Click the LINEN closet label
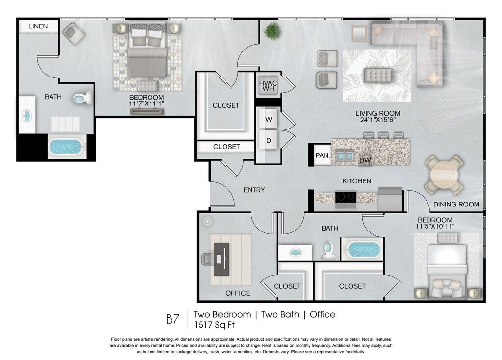[38, 26]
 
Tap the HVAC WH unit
[268, 85]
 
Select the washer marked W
[268, 119]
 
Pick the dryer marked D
[268, 140]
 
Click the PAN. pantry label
[323, 155]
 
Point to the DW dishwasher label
[365, 160]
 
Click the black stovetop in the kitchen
[346, 198]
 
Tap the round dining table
[443, 175]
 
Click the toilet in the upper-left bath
[82, 98]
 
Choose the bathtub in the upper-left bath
[67, 147]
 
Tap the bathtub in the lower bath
[364, 250]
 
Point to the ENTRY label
[254, 190]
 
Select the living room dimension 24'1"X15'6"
[378, 120]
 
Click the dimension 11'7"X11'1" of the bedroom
[147, 103]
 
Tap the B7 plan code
[173, 319]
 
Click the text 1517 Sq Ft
[214, 325]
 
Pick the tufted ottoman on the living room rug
[378, 75]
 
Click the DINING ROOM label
[456, 205]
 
